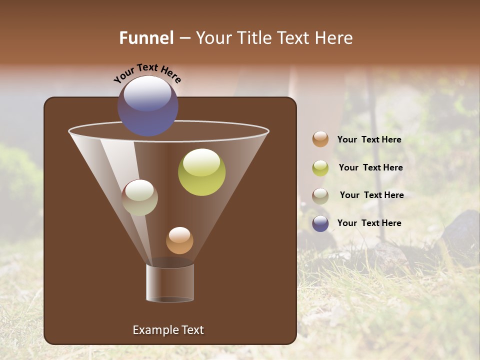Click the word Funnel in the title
pos(146,38)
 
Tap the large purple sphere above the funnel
pos(147,106)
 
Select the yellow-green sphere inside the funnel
pos(201,172)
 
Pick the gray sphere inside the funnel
pos(139,198)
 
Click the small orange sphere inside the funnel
pos(179,240)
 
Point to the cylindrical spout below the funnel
pos(170,283)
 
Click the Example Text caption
pos(168,330)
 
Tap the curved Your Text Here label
pos(147,73)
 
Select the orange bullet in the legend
pos(320,139)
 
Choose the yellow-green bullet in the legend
pos(320,168)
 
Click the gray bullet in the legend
pos(320,195)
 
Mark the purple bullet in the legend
pos(320,223)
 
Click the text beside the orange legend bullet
pos(369,139)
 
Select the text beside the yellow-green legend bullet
pos(370,167)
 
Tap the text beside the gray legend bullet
pos(371,195)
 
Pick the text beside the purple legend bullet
pos(369,223)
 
